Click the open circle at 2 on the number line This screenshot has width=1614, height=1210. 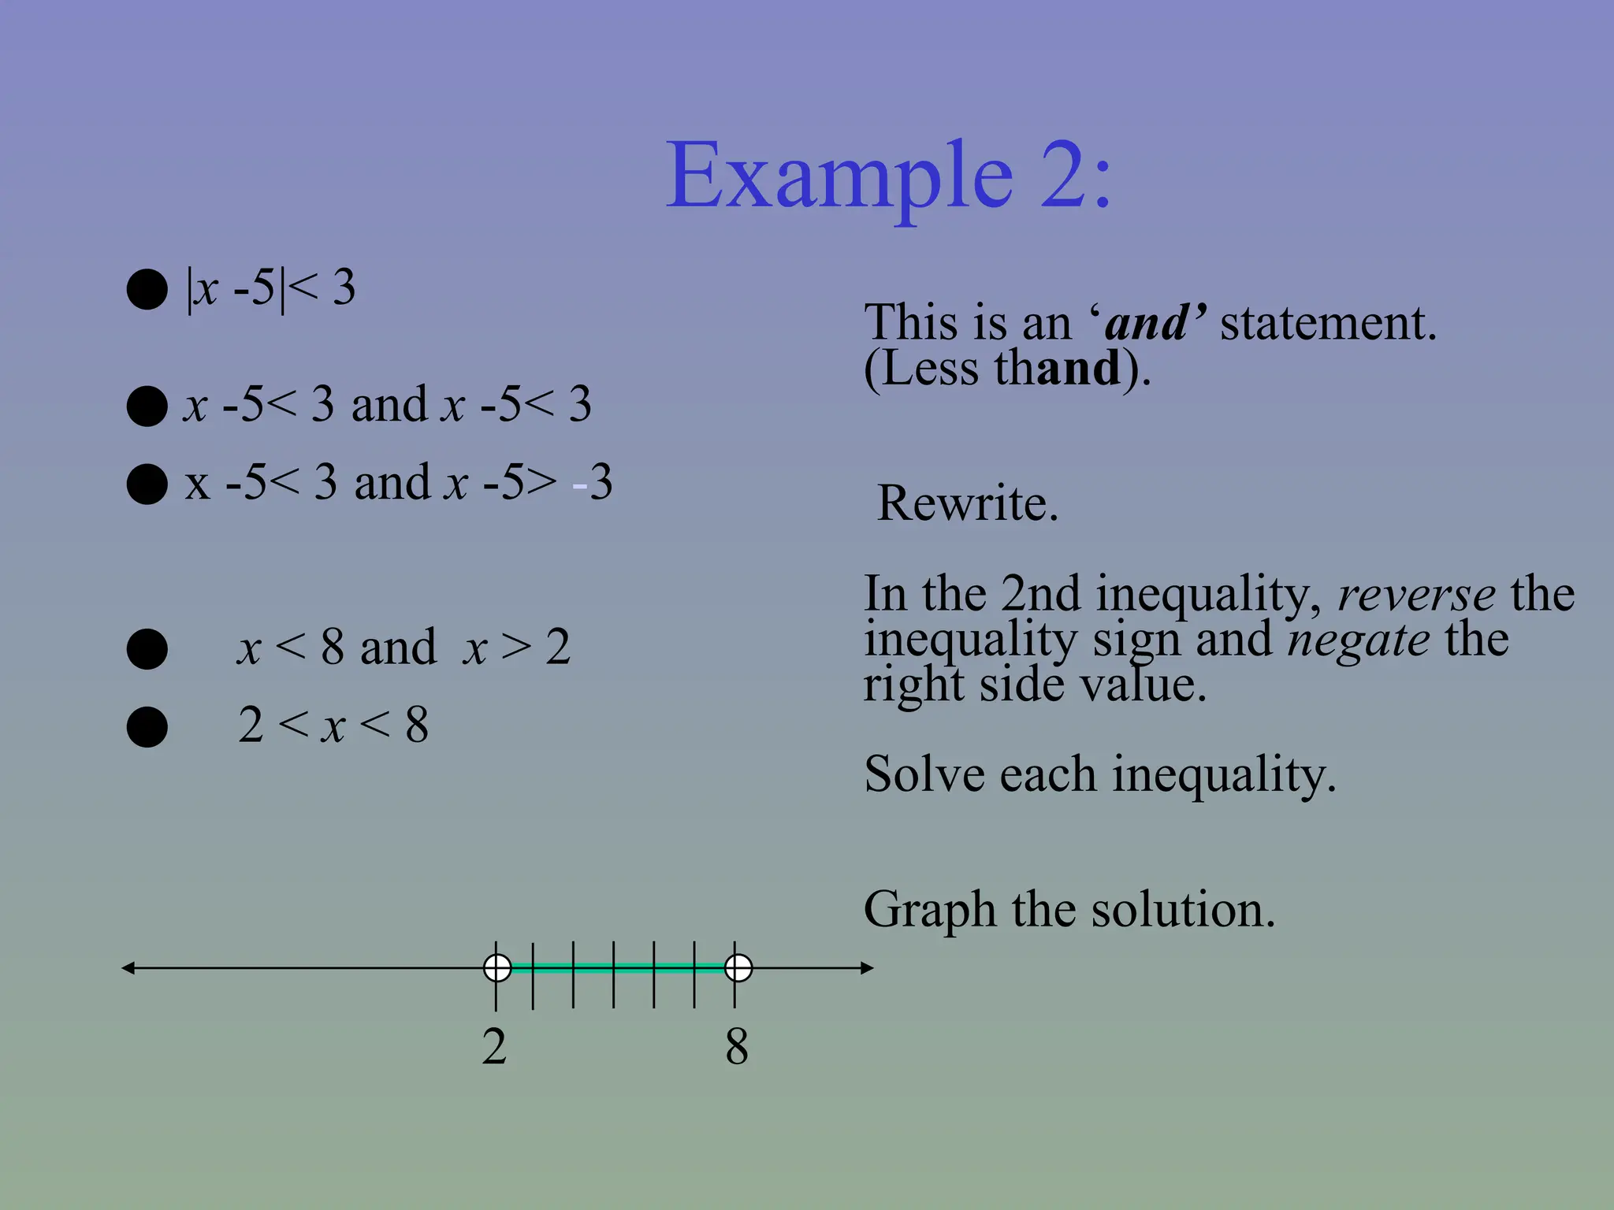(x=497, y=967)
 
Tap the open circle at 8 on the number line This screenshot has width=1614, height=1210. (x=738, y=967)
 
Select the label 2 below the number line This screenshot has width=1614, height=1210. (x=494, y=1047)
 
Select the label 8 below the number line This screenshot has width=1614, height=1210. (x=737, y=1047)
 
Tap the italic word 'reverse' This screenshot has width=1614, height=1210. (x=1416, y=595)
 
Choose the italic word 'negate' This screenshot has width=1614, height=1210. (x=1358, y=640)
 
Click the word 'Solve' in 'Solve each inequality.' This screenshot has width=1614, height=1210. (x=924, y=774)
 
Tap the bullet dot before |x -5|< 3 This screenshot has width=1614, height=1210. (x=147, y=289)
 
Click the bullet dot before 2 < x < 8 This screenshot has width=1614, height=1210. (x=147, y=726)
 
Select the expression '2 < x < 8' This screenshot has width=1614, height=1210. (x=333, y=725)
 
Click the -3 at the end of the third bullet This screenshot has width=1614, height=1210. (x=593, y=482)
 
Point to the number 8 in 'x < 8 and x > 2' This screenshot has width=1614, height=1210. (x=332, y=648)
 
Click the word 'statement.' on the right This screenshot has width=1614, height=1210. (x=1328, y=323)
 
